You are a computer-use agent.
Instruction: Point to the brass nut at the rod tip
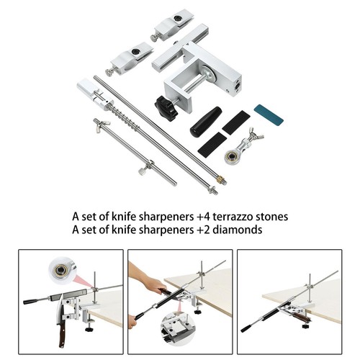[x=220, y=179]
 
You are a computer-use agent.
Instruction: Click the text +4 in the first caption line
[x=203, y=217]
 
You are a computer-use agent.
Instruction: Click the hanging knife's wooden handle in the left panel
[x=62, y=334]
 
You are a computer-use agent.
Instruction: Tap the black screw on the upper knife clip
[x=178, y=18]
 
